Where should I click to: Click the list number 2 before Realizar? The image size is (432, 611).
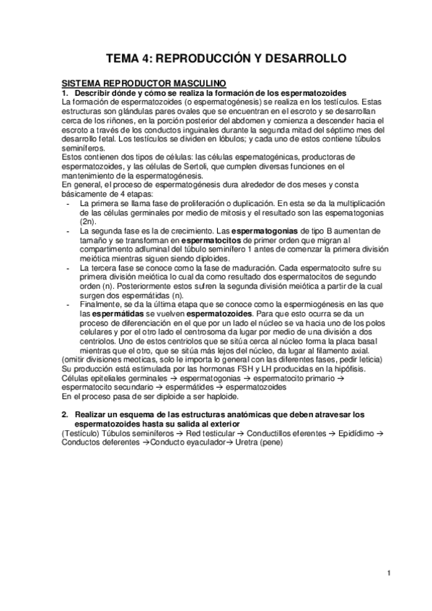66,414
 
